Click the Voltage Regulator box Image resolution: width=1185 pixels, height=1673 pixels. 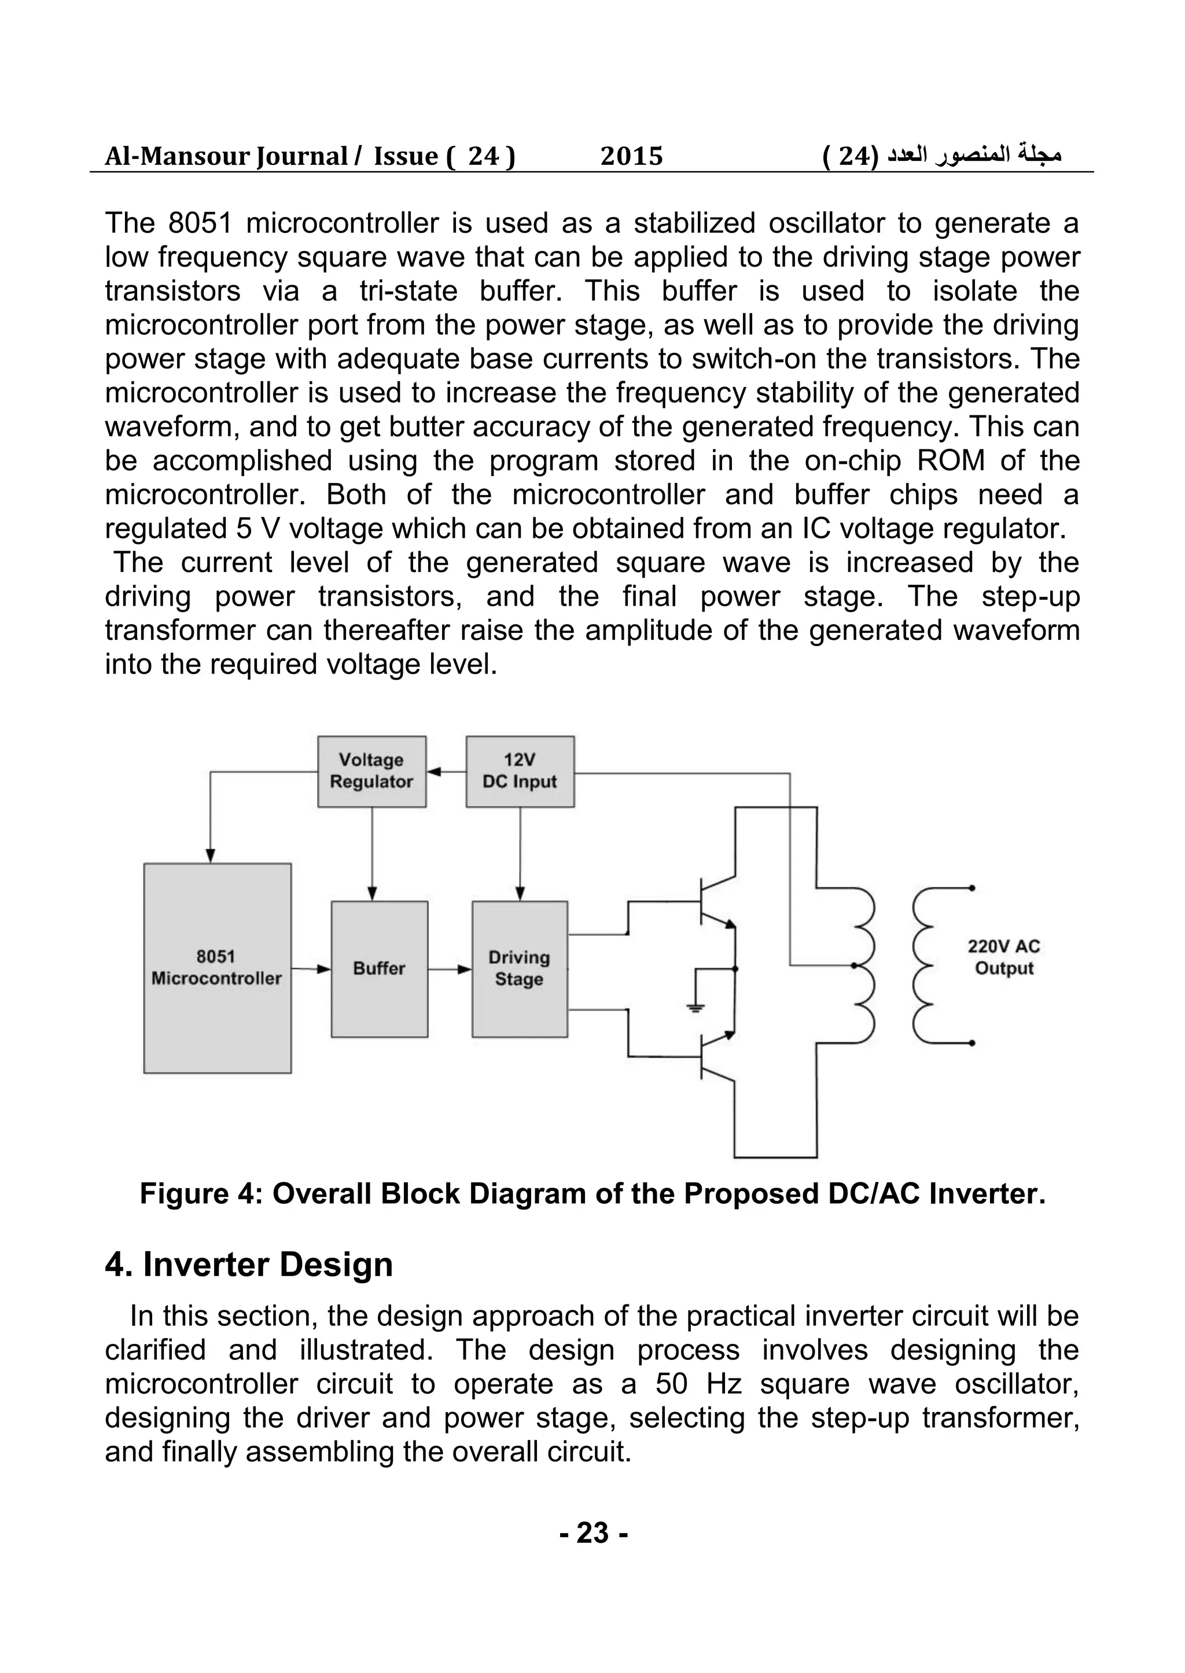371,771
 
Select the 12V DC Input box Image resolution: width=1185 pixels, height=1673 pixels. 520,771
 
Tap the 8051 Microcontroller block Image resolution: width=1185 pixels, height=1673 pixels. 217,968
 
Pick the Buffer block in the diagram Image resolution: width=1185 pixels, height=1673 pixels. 379,969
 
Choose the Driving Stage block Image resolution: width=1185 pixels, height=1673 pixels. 519,969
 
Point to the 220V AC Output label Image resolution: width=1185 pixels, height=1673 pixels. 1003,957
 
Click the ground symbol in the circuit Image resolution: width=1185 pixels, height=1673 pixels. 695,1008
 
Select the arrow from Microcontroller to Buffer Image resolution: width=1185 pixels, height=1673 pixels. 313,970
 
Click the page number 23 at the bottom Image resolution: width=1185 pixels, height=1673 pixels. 593,1532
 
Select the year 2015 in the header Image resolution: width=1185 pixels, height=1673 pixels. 631,156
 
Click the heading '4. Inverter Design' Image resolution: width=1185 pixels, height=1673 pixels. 249,1265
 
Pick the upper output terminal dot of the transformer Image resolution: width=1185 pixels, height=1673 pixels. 972,888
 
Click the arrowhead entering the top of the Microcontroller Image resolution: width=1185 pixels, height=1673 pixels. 210,855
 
